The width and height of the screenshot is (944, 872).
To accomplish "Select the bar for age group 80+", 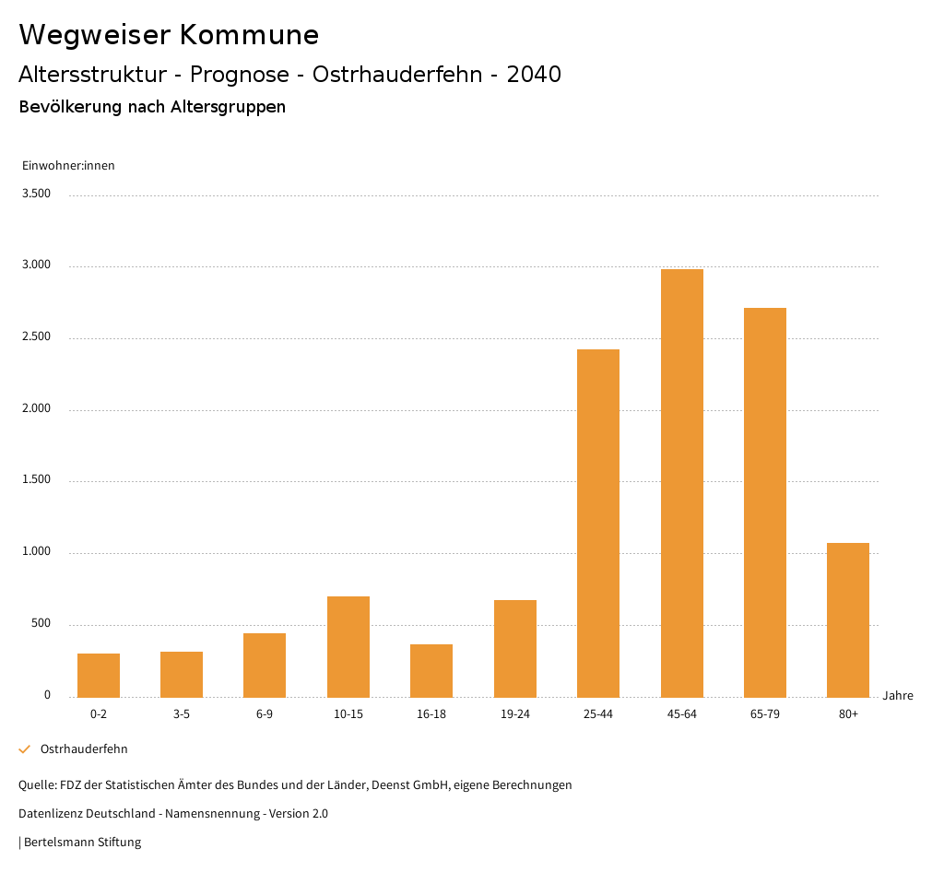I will coord(848,619).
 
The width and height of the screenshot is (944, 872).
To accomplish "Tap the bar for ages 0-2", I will coord(99,675).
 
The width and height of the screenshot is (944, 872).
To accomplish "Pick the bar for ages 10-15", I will coord(348,646).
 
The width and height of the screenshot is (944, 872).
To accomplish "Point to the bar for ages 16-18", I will coord(431,670).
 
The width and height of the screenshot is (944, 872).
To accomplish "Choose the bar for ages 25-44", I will coord(598,523).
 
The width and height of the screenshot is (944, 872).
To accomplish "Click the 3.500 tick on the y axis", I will coord(37,194).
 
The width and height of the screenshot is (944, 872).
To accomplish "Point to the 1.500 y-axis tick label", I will coord(37,480).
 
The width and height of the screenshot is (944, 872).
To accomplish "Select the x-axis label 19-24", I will coord(514,714).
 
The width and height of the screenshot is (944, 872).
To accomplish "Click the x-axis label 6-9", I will coord(265,714).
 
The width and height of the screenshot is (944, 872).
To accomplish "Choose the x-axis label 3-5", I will coord(182,714).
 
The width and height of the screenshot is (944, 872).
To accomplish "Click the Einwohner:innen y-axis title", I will coord(68,166).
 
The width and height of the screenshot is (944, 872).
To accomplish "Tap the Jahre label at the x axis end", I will coord(898,696).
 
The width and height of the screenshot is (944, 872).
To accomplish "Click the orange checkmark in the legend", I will coord(25,749).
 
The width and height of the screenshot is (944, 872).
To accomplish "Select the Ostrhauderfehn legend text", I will coord(84,749).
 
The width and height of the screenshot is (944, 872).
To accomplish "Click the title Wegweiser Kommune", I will coord(169,35).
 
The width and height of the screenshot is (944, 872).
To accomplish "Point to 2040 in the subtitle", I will coord(534,75).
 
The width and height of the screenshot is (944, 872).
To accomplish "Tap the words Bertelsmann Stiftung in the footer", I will coord(82,843).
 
